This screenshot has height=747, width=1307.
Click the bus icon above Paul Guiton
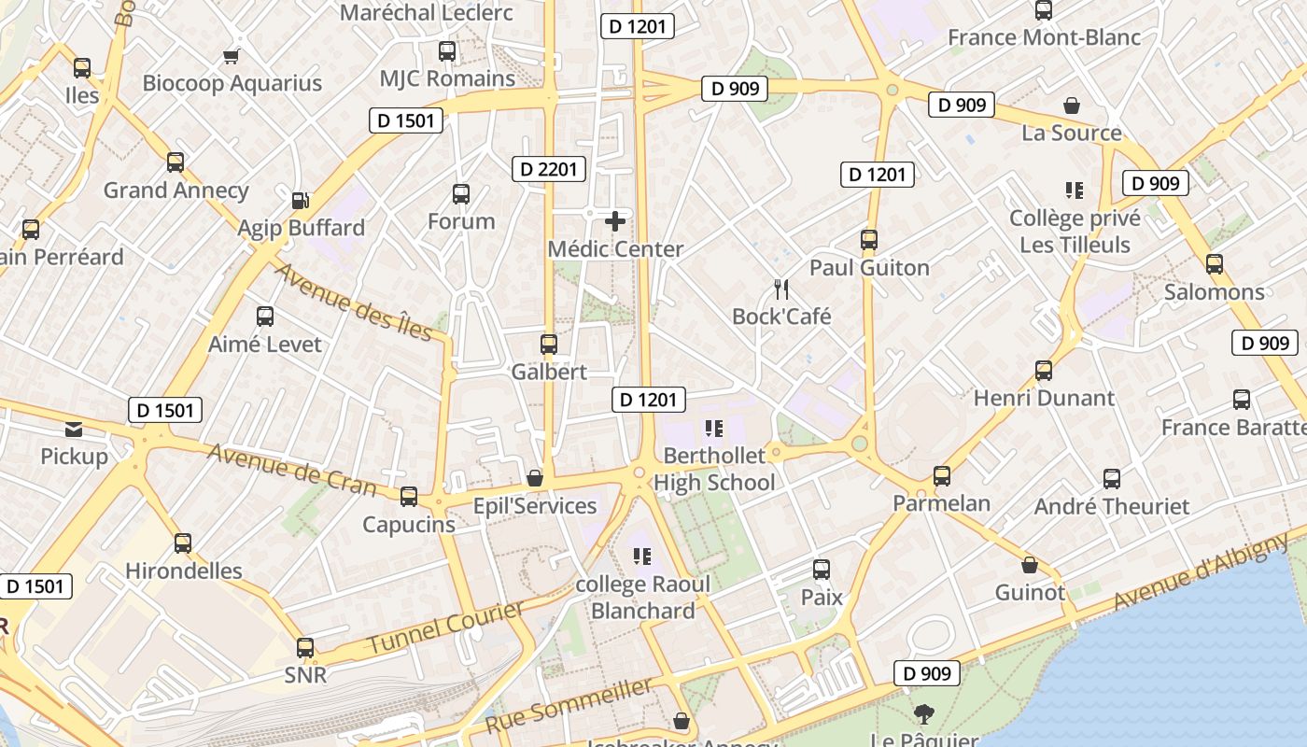(869, 240)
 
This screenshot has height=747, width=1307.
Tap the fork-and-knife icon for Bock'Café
(782, 289)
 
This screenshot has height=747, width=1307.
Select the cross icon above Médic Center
(615, 221)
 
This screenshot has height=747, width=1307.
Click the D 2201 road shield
(550, 169)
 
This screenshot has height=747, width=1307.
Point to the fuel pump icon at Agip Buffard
(301, 200)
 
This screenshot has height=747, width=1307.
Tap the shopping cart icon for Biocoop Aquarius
(232, 56)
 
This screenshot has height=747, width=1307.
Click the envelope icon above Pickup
(74, 430)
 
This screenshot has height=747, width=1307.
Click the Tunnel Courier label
(445, 628)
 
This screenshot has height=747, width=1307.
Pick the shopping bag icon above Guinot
(1030, 565)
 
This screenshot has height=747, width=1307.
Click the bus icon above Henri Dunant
(1044, 370)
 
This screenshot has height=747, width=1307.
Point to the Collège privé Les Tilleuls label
(1075, 232)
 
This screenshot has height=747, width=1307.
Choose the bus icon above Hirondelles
(183, 543)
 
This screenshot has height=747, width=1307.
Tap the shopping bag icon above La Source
(1072, 106)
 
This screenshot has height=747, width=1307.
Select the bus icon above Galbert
(549, 344)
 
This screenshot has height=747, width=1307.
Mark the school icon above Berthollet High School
(714, 429)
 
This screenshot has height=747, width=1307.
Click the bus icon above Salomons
(1215, 264)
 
